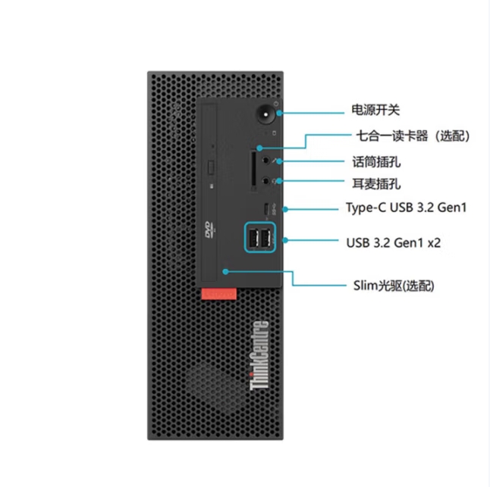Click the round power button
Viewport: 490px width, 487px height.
pos(265,116)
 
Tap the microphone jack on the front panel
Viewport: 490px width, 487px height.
pos(264,161)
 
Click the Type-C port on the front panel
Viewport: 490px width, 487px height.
pos(265,208)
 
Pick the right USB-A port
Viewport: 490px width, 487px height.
pos(265,239)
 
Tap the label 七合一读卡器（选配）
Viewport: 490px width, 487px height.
pos(413,136)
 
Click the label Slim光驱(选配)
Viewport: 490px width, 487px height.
pos(393,286)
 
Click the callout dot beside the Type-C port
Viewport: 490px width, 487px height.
pos(285,208)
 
